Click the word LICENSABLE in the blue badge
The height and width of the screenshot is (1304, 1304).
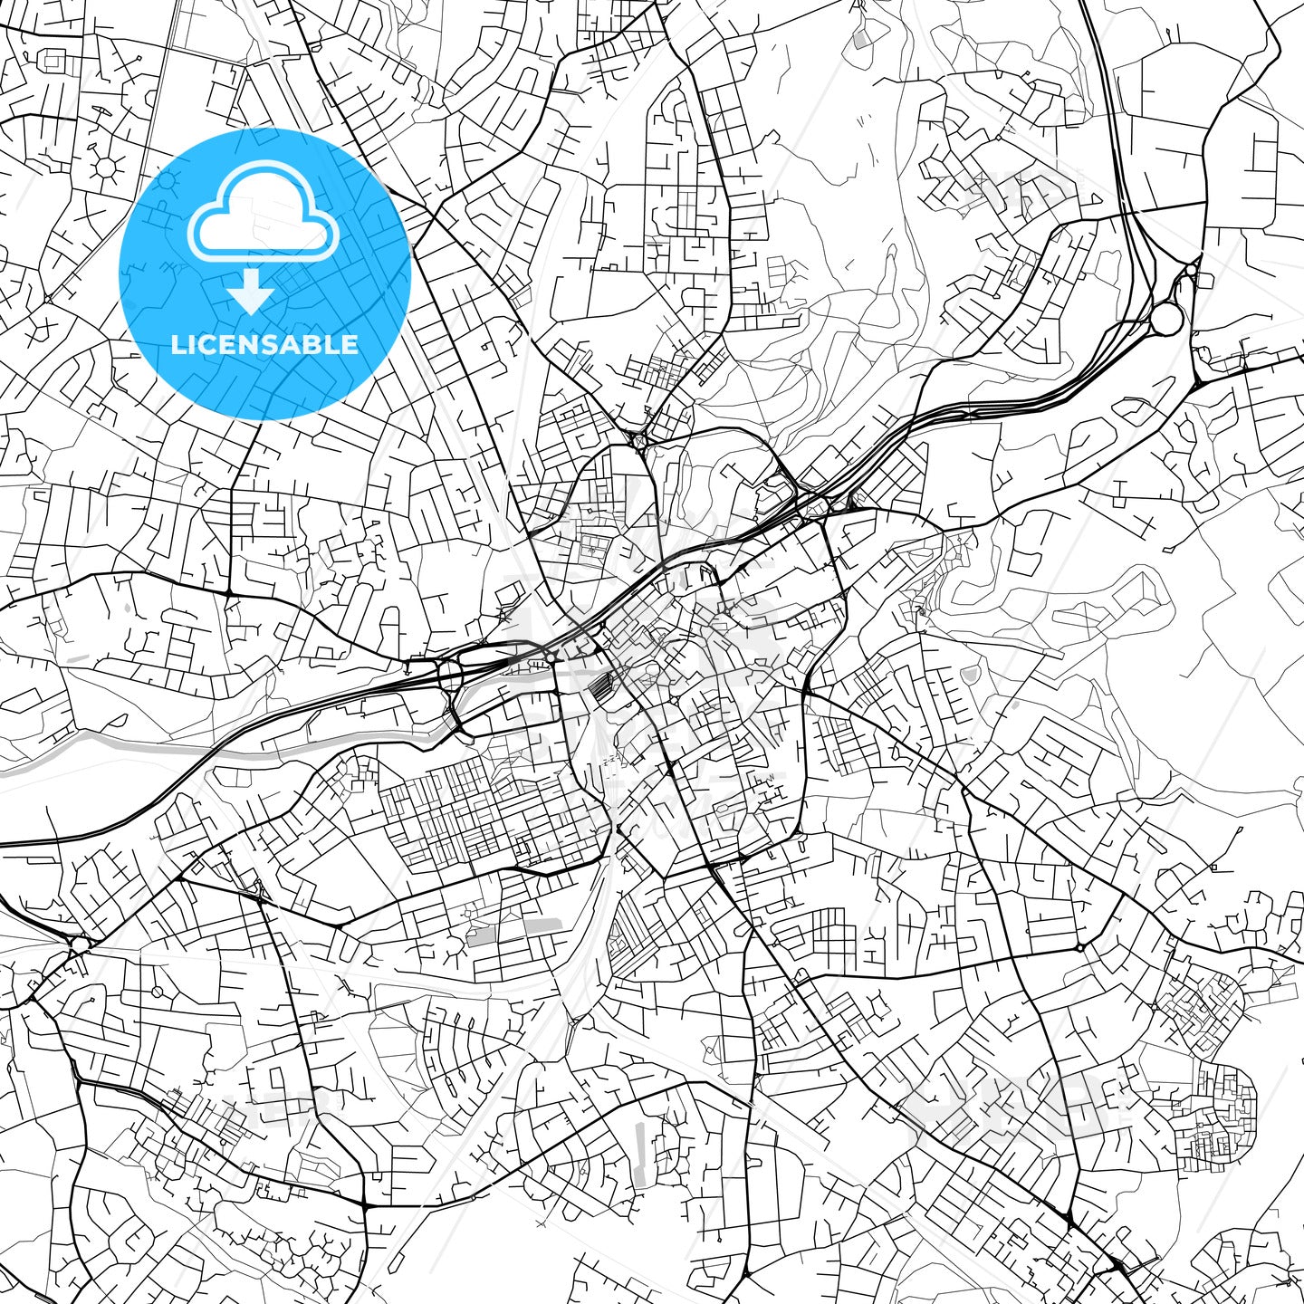point(264,344)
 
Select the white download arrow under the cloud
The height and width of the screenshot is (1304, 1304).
point(251,293)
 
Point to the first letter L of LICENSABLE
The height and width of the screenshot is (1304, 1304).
point(177,344)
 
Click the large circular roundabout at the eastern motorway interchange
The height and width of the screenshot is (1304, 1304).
point(1165,318)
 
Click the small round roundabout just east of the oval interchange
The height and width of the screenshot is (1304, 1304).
point(550,657)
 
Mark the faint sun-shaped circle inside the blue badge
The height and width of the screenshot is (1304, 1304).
point(167,184)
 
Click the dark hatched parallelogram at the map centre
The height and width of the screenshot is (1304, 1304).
point(599,689)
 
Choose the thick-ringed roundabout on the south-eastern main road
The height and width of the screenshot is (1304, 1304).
point(1079,947)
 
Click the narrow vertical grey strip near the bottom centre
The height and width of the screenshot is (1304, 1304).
point(641,1155)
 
